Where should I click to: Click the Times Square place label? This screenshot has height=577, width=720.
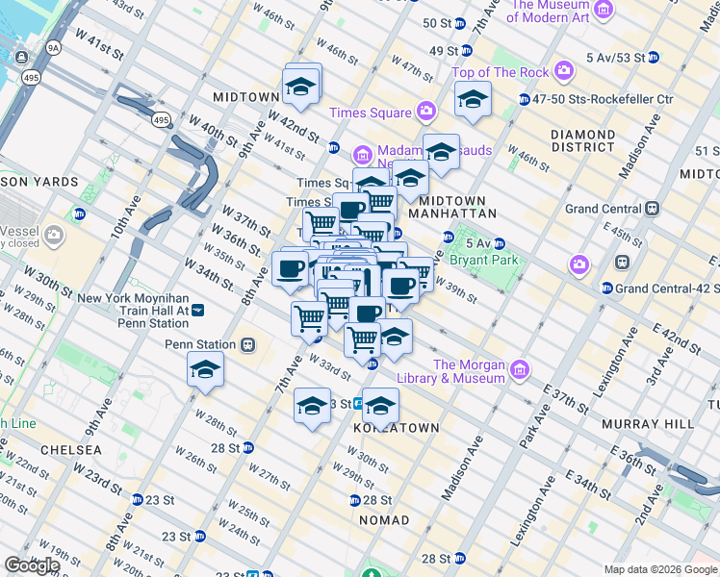(371, 113)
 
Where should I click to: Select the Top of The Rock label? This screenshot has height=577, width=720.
(500, 72)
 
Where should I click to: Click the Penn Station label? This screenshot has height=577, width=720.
(200, 344)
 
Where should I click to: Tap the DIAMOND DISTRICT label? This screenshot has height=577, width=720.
(582, 140)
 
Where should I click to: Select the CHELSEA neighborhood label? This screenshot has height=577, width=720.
(71, 450)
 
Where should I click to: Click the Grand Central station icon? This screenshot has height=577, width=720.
(652, 208)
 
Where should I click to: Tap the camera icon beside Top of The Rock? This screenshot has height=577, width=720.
(563, 71)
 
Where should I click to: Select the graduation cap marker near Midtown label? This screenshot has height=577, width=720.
(300, 88)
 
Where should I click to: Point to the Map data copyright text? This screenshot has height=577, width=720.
(660, 569)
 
